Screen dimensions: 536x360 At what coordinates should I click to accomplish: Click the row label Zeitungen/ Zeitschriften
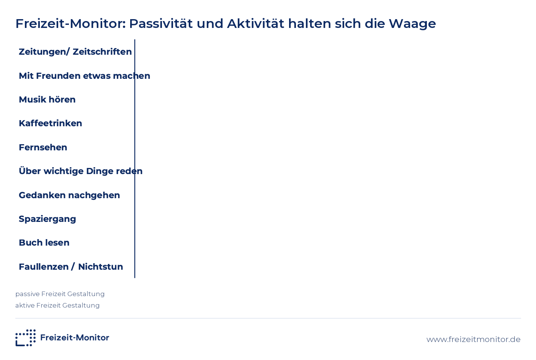pos(75,52)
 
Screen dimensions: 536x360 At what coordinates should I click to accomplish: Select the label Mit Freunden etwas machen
pos(85,76)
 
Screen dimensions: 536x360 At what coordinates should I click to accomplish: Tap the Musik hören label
pos(47,99)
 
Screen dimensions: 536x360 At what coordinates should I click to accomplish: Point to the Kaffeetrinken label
pos(51,123)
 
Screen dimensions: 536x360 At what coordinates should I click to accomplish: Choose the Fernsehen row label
pos(43,147)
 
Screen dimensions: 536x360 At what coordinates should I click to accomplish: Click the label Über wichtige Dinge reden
pos(81,171)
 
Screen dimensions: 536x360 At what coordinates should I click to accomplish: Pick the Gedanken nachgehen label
pos(69,195)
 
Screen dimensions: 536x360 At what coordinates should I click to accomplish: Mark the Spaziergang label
pos(47,219)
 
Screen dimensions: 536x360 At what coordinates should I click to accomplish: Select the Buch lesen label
pos(44,243)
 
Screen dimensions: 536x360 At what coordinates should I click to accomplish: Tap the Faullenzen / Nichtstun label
pos(71,267)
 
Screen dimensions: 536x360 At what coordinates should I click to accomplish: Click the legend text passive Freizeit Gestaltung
pos(60,294)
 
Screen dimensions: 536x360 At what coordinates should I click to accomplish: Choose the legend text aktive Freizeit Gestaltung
pos(57,306)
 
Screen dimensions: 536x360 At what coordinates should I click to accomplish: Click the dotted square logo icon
pos(26,338)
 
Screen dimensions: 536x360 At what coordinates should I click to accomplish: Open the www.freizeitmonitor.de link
pos(474,339)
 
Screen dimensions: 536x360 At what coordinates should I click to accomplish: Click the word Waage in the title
pos(412,24)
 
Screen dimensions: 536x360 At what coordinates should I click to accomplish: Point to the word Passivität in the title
pos(161,23)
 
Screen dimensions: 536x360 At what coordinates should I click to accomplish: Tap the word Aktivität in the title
pos(256,23)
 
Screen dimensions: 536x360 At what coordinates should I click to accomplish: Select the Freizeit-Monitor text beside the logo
pos(75,337)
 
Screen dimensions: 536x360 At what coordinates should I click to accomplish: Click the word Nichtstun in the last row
pos(101,267)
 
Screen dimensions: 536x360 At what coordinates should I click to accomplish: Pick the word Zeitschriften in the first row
pos(102,52)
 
